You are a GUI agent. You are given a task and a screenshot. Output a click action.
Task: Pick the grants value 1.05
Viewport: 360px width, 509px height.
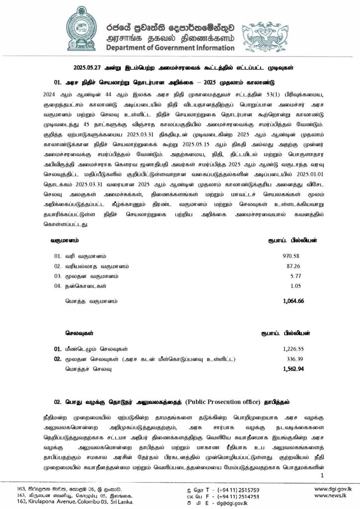tap(296, 285)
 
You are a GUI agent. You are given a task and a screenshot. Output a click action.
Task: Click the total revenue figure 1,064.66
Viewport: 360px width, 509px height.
tap(292, 301)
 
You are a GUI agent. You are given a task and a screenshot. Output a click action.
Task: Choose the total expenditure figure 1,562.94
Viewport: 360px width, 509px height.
tap(291, 368)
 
